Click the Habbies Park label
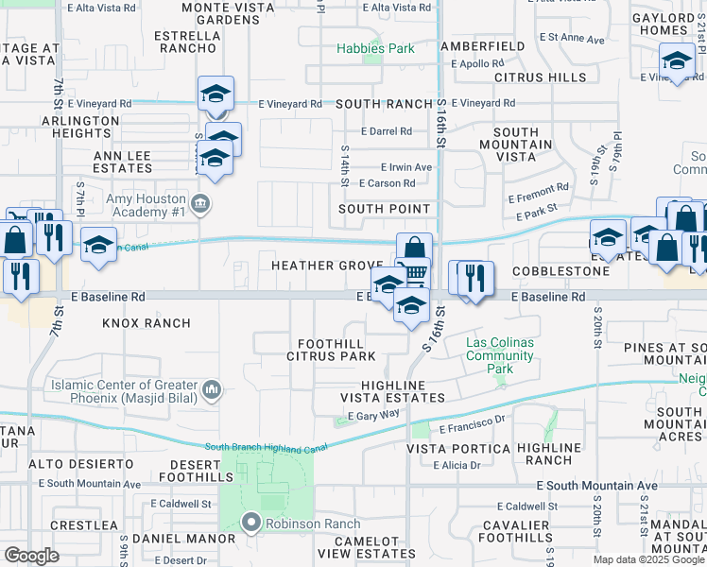pos(376,48)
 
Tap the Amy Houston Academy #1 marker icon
pos(200,202)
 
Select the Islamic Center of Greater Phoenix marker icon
pos(212,387)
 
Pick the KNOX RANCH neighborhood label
pos(147,323)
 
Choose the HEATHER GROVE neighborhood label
pos(327,266)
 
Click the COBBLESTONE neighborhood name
pos(561,271)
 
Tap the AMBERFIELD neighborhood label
pos(481,45)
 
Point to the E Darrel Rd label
pos(386,131)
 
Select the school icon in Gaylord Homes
pos(677,62)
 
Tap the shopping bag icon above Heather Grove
pos(414,249)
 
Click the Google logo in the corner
pos(31,555)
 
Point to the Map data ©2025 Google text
pos(648,559)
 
